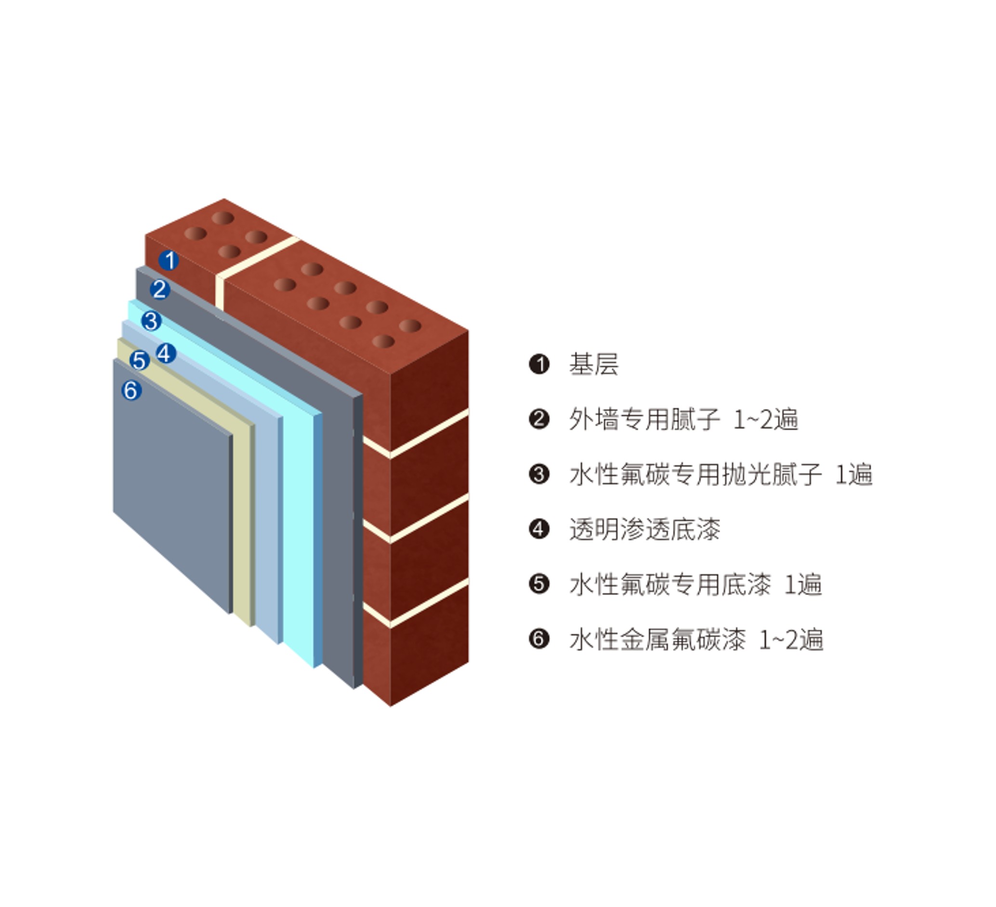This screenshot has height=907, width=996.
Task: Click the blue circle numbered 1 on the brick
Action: point(169,260)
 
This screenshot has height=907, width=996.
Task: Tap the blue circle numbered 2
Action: point(160,289)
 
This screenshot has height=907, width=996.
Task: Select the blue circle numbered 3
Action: point(151,321)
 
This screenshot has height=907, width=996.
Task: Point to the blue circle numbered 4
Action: point(166,354)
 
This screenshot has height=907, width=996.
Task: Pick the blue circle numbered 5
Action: point(140,361)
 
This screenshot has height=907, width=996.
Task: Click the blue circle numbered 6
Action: point(131,391)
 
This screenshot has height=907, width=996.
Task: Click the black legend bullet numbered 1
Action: point(539,365)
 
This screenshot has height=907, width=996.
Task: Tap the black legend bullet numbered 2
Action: point(539,420)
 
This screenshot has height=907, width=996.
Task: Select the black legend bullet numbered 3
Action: point(539,474)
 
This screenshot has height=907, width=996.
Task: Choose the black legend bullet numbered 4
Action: point(539,529)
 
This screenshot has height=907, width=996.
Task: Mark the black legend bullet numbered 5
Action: point(539,584)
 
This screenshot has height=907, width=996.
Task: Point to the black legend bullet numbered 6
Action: point(539,639)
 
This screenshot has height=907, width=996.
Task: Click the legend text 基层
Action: point(594,365)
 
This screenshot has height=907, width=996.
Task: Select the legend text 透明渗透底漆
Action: point(645,529)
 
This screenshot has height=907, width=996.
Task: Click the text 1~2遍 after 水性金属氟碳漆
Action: point(791,639)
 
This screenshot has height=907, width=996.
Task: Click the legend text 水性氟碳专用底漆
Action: point(670,584)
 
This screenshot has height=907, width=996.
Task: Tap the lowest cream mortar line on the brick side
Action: point(416,604)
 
